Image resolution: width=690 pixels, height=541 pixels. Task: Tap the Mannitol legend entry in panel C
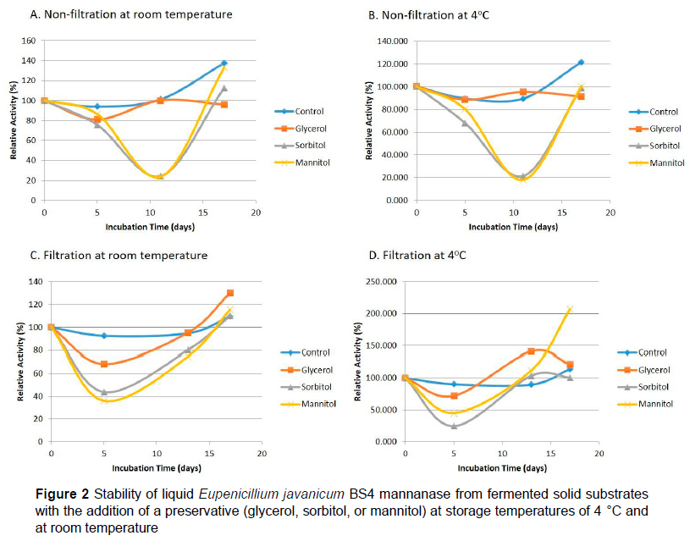pos(316,404)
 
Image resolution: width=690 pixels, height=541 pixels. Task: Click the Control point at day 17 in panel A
pos(224,63)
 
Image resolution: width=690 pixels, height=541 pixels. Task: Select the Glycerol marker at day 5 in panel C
pos(104,364)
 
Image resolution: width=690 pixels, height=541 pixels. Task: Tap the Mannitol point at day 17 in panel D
pos(570,309)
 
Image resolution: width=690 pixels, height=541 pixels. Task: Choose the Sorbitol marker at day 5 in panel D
pos(455,426)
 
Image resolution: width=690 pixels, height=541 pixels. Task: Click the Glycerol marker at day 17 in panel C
pos(230,293)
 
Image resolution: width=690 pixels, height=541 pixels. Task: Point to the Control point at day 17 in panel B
pos(581,63)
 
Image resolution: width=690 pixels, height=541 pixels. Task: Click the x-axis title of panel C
pos(156,467)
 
